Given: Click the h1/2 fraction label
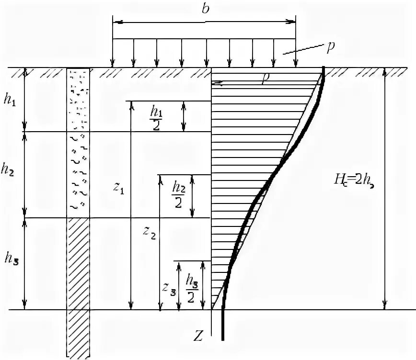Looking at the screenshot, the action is coord(157,116).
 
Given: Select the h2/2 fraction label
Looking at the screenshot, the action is coord(177,196).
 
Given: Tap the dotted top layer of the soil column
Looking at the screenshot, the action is coord(78,100).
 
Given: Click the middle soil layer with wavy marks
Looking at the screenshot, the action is coord(78,175).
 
